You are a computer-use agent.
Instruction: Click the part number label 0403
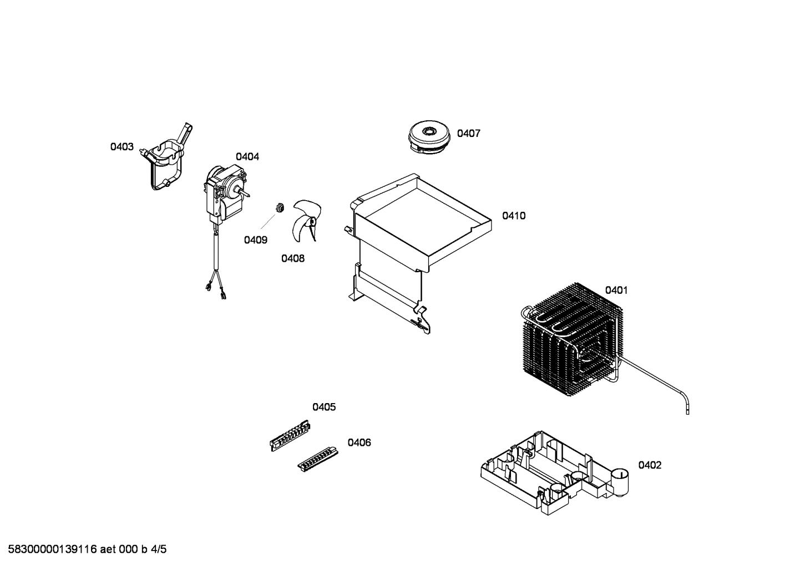coord(122,147)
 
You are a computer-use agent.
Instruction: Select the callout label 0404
coord(247,157)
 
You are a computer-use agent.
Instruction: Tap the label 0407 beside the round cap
coord(469,134)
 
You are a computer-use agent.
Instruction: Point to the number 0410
coord(514,216)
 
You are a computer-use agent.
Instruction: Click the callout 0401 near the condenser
coord(616,290)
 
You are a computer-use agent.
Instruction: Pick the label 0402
coord(650,465)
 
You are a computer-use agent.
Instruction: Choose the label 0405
coord(324,407)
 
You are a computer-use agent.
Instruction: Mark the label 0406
coord(360,442)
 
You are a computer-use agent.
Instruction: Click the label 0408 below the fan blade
coord(293,258)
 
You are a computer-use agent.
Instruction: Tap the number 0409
coord(256,240)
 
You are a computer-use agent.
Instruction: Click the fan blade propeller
coord(306,221)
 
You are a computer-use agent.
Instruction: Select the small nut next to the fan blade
coord(280,207)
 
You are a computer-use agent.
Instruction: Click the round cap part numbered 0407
coord(428,137)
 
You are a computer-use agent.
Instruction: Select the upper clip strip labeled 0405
coord(290,435)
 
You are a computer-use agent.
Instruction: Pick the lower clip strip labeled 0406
coord(318,459)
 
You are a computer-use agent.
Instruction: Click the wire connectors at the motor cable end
coord(216,290)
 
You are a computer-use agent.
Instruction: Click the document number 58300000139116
coord(52,549)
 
